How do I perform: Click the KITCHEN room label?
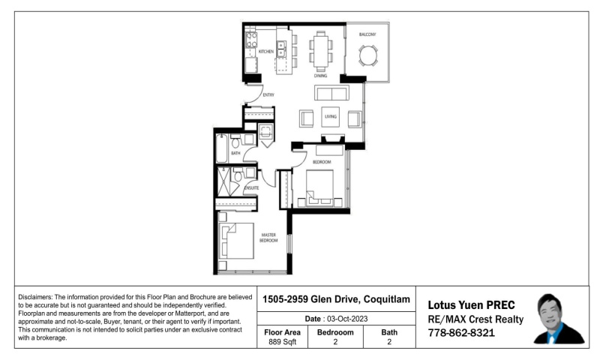click(266, 52)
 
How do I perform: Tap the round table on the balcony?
click(368, 56)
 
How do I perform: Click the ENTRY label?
click(268, 95)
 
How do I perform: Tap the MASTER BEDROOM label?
click(268, 238)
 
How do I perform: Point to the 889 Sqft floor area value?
click(282, 343)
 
